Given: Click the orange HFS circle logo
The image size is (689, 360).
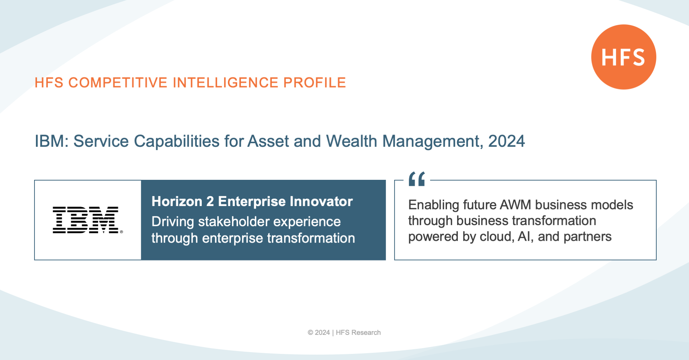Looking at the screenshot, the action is pyautogui.click(x=624, y=57).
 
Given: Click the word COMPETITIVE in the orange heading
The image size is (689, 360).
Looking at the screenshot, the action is pyautogui.click(x=118, y=83).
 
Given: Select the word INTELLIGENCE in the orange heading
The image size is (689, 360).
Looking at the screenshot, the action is pyautogui.click(x=225, y=83).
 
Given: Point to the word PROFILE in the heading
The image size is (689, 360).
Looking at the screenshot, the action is pyautogui.click(x=315, y=83).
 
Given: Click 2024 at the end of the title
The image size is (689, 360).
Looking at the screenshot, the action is pyautogui.click(x=506, y=141).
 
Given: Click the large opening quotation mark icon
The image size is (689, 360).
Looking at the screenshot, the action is pyautogui.click(x=416, y=179).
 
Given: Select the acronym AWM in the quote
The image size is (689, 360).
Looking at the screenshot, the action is pyautogui.click(x=515, y=205).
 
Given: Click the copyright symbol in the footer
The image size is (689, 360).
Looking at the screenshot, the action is pyautogui.click(x=310, y=333).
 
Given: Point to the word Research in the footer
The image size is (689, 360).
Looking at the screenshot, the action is pyautogui.click(x=366, y=333).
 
